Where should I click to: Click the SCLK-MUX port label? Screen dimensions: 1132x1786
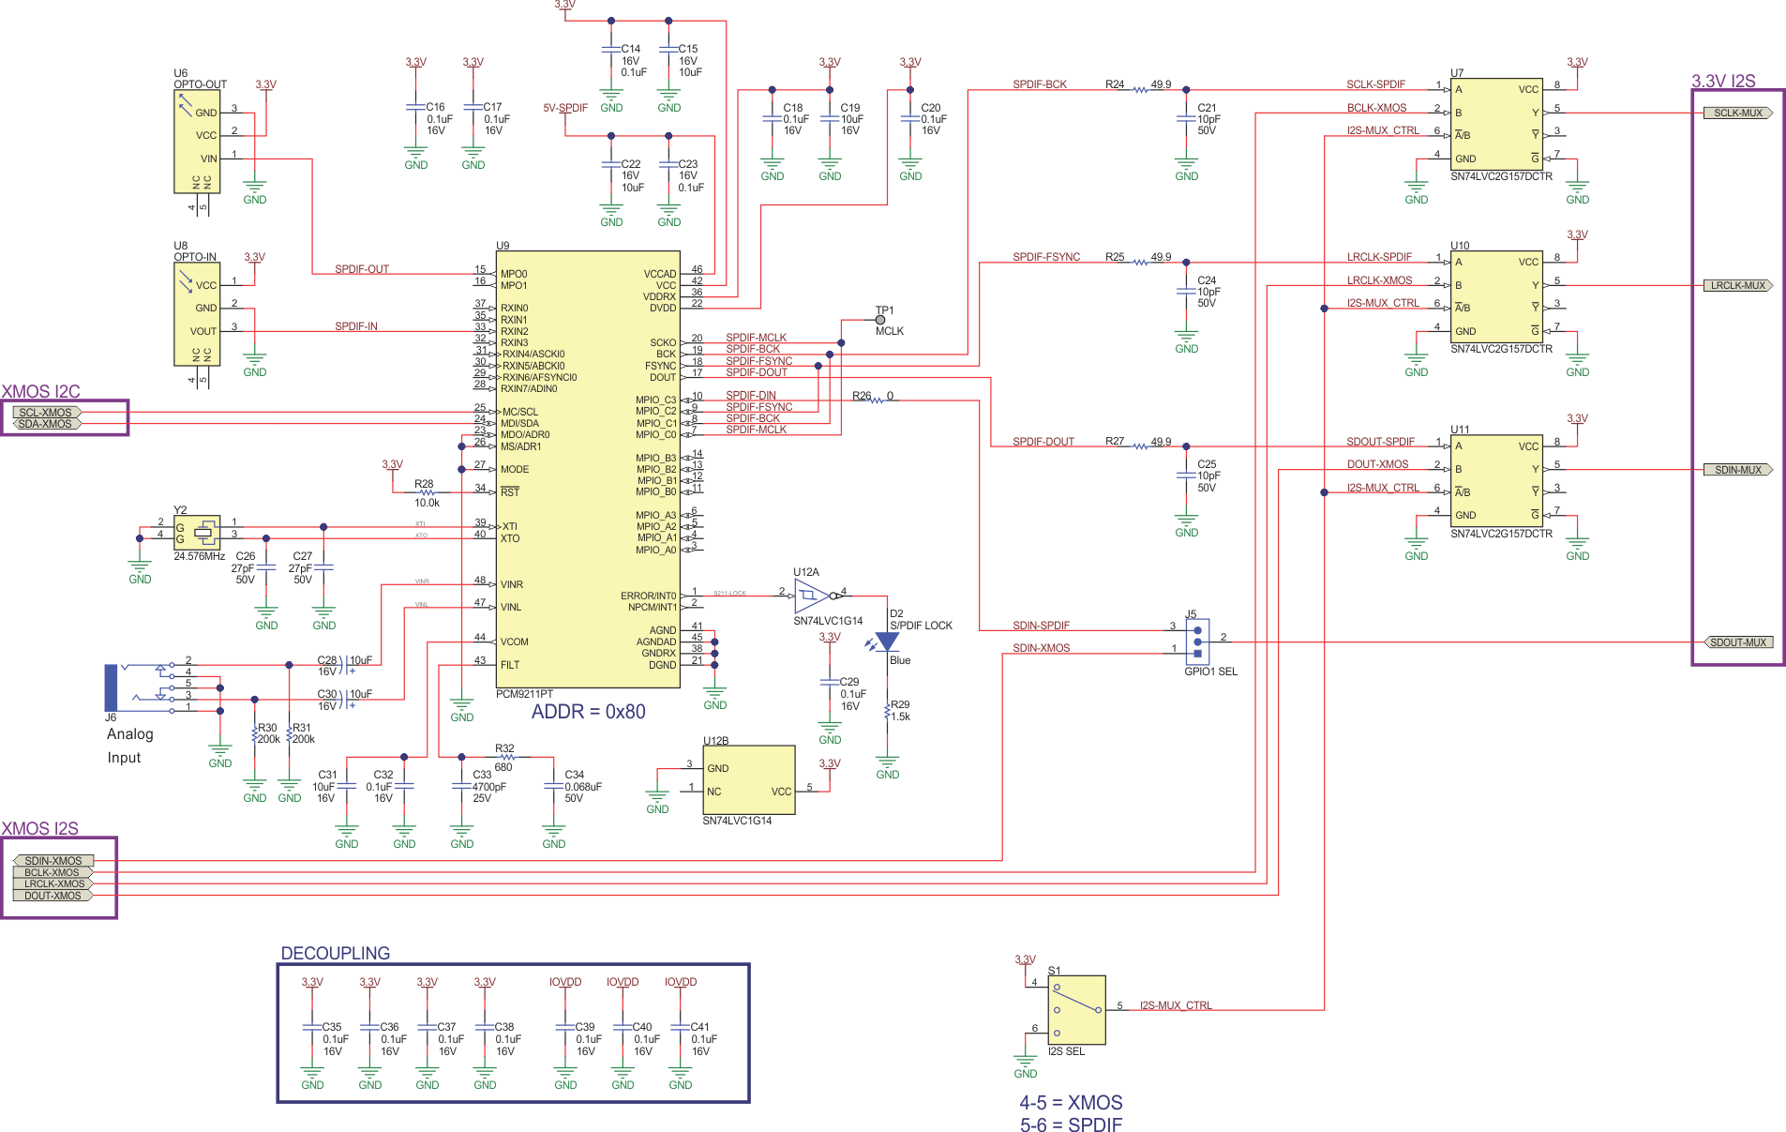[x=1737, y=113]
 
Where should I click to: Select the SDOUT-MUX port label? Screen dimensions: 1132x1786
[x=1737, y=642]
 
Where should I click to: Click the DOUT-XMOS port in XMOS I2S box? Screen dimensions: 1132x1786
[x=53, y=896]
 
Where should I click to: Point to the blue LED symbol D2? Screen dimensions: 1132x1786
[x=887, y=642]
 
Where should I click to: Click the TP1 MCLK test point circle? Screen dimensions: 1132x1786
[x=879, y=320]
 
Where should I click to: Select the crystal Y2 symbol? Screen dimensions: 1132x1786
[x=204, y=533]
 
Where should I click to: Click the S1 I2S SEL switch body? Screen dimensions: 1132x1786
[x=1076, y=1010]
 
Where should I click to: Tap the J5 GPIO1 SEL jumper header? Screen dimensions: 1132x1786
[x=1197, y=641]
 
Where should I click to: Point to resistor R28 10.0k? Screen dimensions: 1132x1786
[x=427, y=492]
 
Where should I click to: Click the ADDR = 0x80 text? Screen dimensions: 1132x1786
[x=588, y=712]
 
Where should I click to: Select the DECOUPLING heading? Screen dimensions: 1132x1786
[x=335, y=953]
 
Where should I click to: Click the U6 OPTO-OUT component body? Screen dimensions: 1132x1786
[x=197, y=141]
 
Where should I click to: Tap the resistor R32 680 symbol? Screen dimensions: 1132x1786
[x=506, y=757]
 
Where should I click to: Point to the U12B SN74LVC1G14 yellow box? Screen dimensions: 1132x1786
[x=748, y=779]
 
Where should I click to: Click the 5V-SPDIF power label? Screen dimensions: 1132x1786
[x=565, y=108]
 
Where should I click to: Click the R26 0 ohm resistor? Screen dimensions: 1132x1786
[x=877, y=400]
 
